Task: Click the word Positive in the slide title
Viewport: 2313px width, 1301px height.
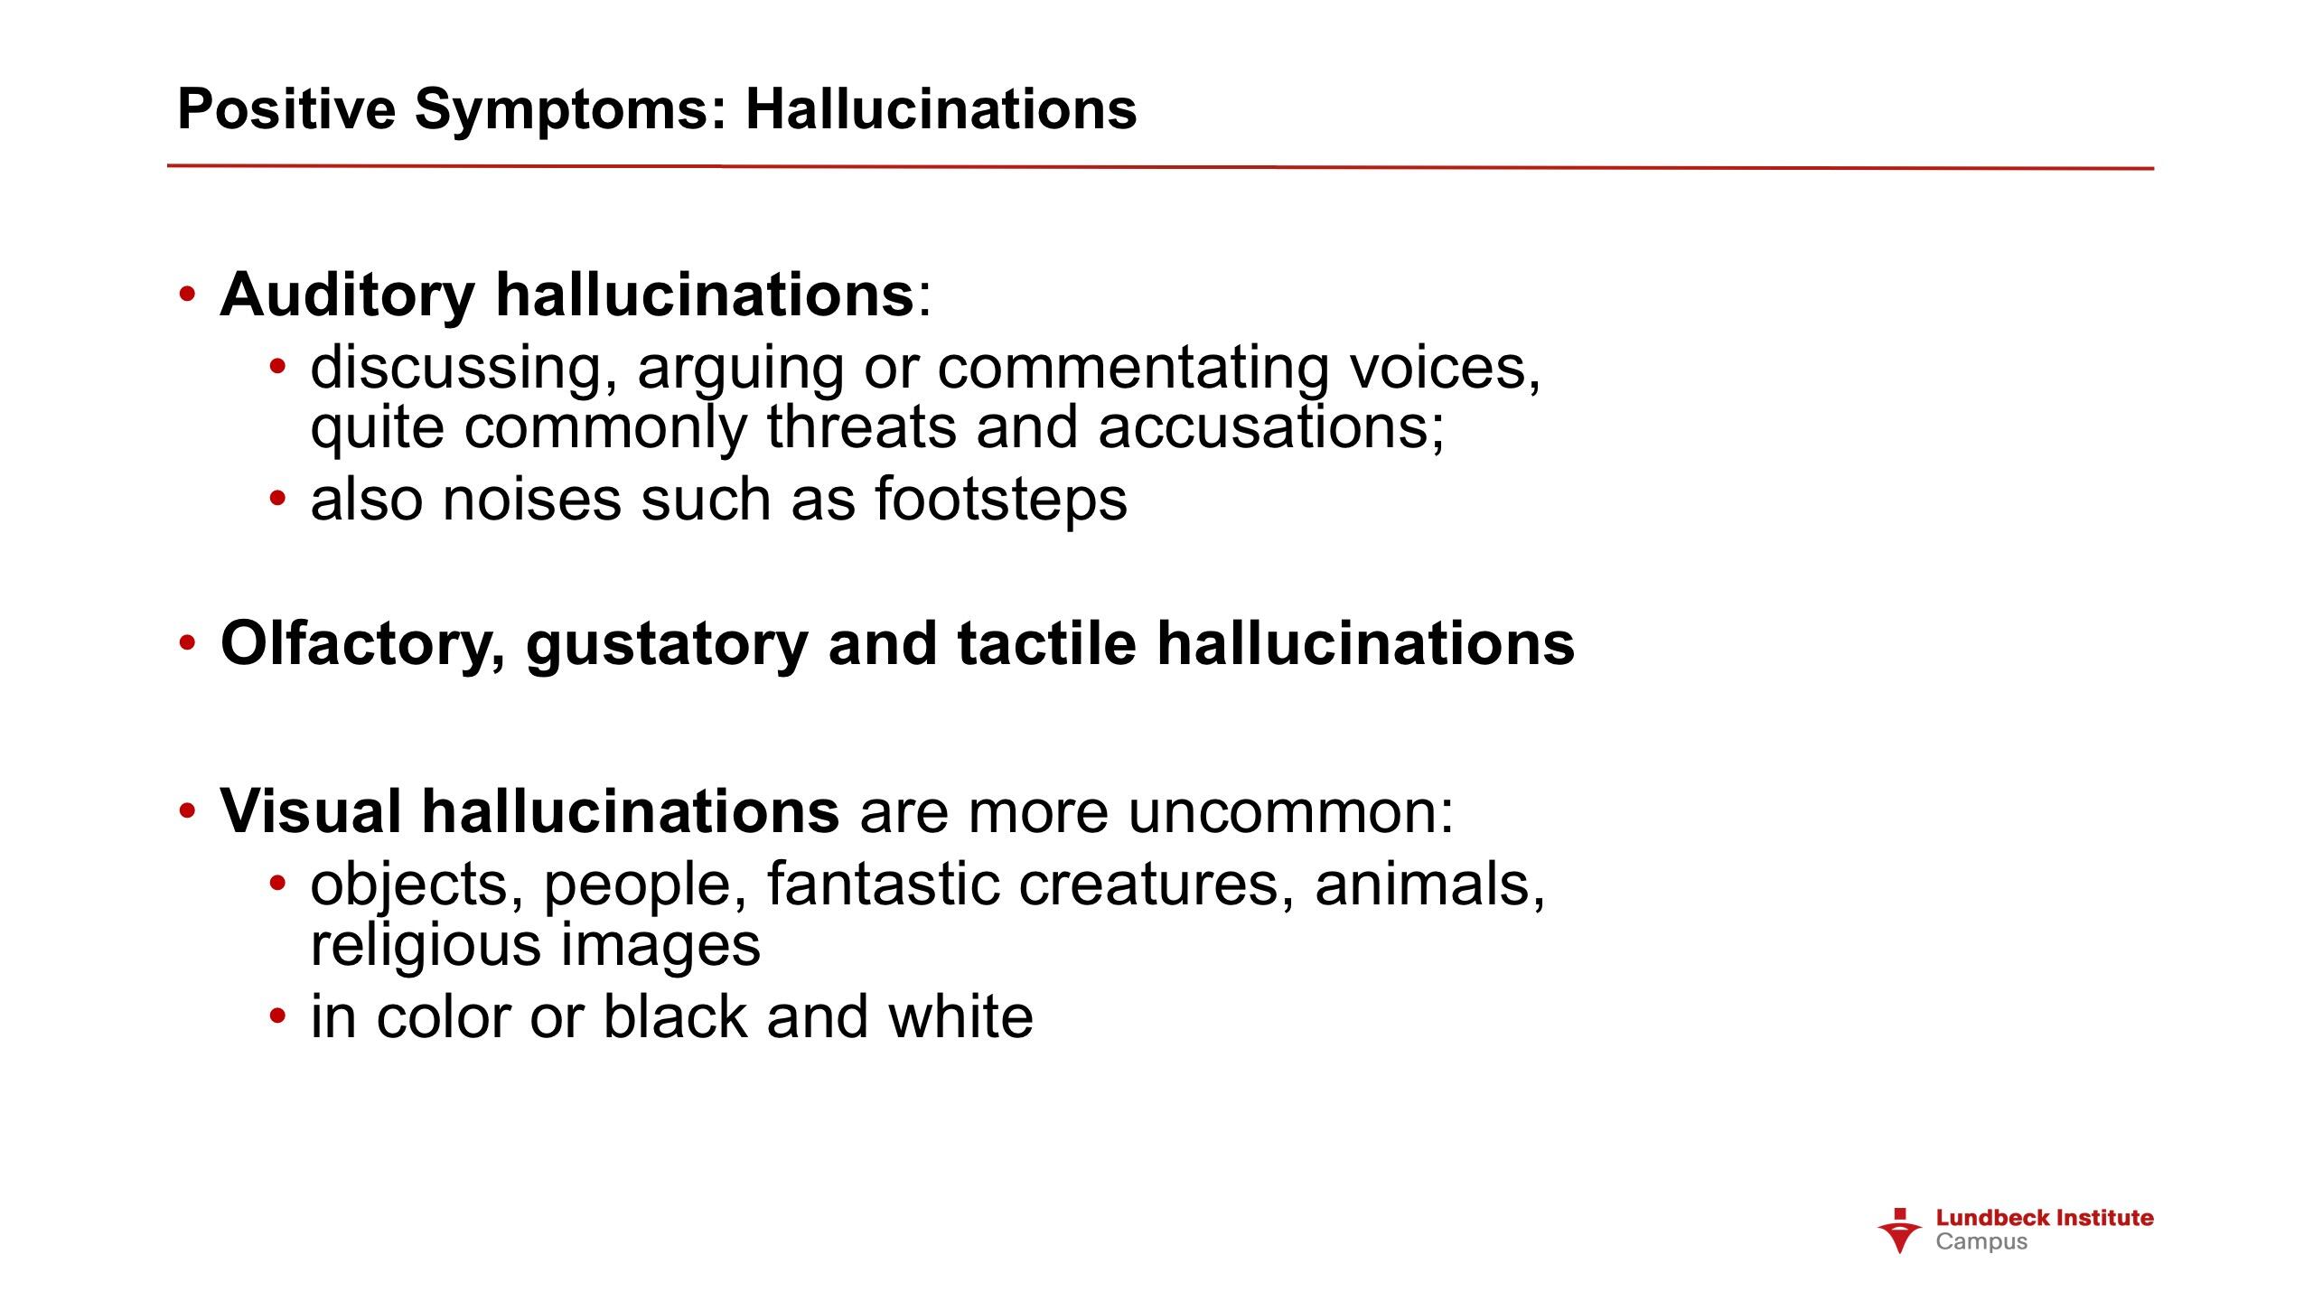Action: point(286,109)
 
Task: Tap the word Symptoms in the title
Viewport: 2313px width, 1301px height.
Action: point(571,111)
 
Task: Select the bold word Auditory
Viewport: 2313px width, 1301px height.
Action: point(348,296)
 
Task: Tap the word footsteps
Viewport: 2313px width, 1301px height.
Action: point(1001,500)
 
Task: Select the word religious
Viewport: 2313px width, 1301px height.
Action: point(425,946)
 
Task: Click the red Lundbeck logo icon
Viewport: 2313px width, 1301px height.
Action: point(1900,1231)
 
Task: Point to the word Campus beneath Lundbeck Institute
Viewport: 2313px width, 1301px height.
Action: point(1981,1242)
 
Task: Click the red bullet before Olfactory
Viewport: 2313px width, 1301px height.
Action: point(187,643)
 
